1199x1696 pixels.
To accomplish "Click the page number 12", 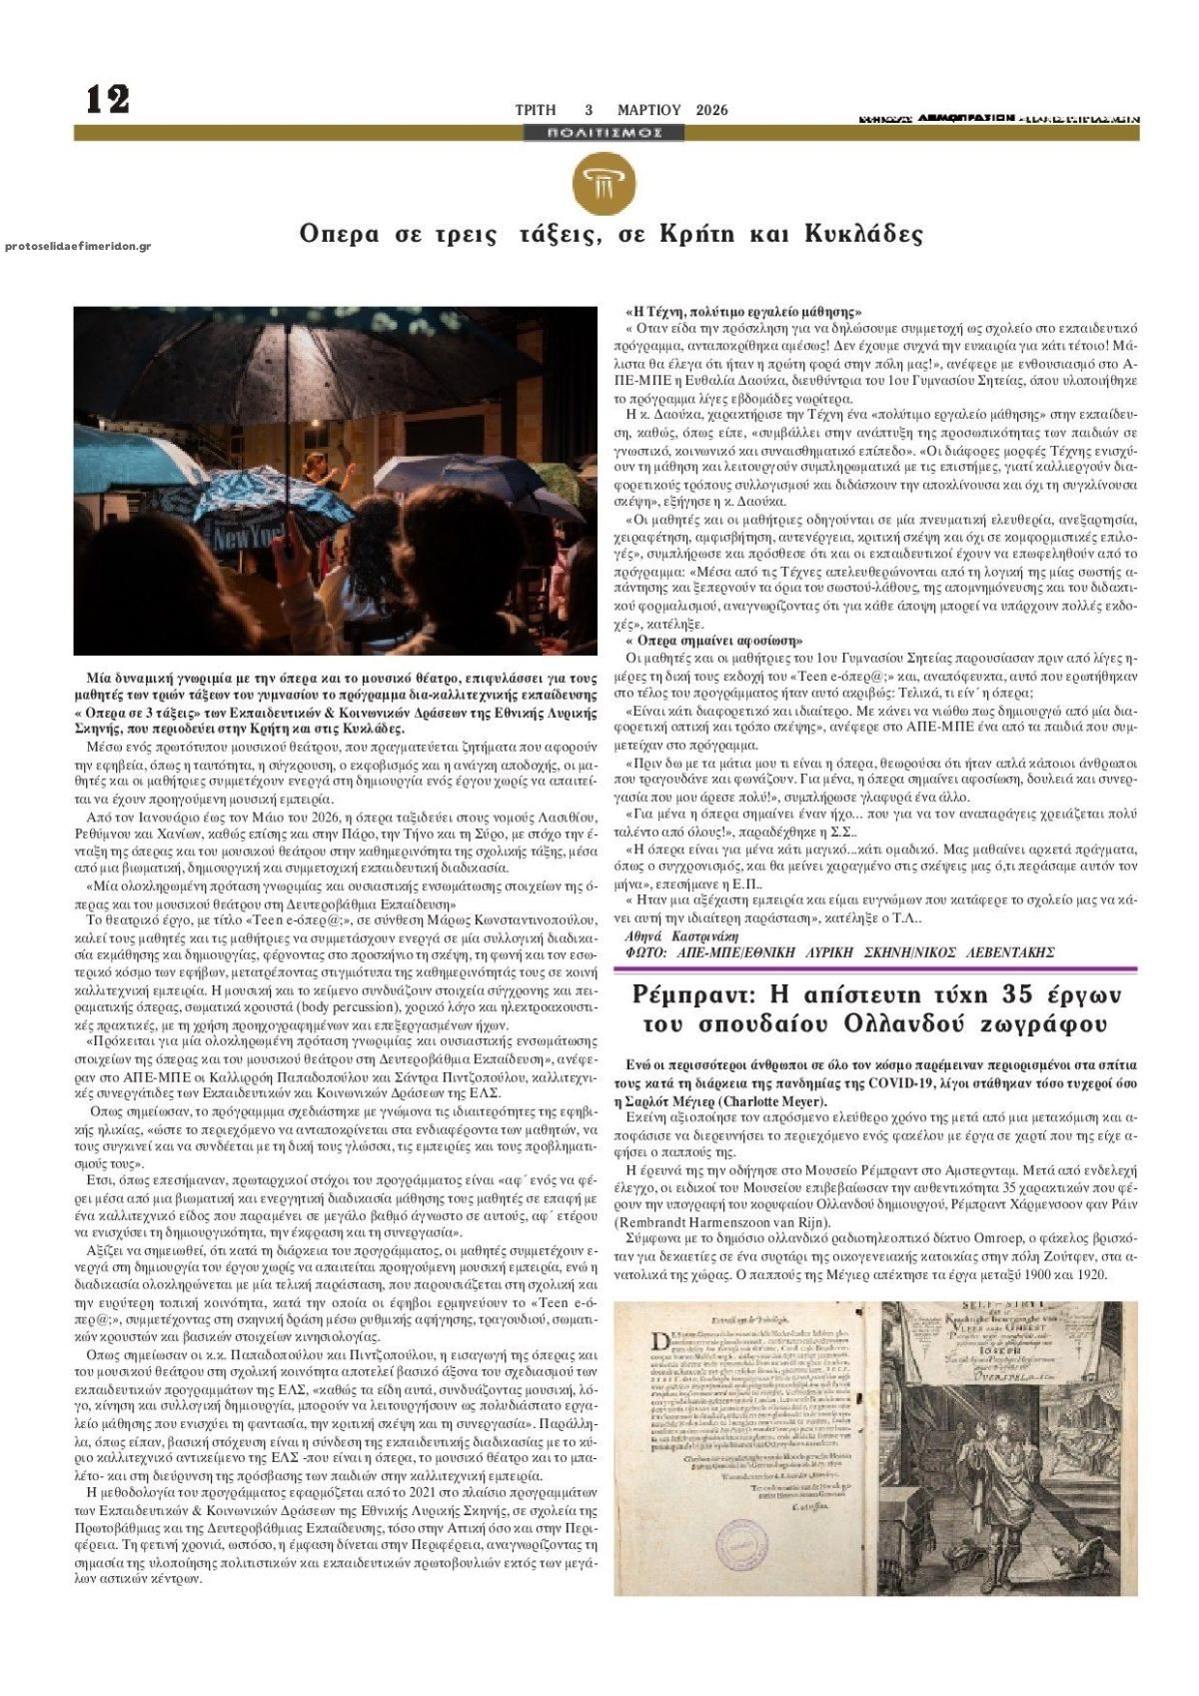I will click(108, 99).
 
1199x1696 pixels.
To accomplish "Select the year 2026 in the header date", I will click(712, 110).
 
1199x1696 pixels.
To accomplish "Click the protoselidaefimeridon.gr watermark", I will click(78, 246).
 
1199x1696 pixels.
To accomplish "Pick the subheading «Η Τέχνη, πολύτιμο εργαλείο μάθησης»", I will click(743, 312).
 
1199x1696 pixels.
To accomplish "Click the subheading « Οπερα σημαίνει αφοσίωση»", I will click(720, 641).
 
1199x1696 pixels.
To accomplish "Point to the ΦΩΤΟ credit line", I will click(839, 953).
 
